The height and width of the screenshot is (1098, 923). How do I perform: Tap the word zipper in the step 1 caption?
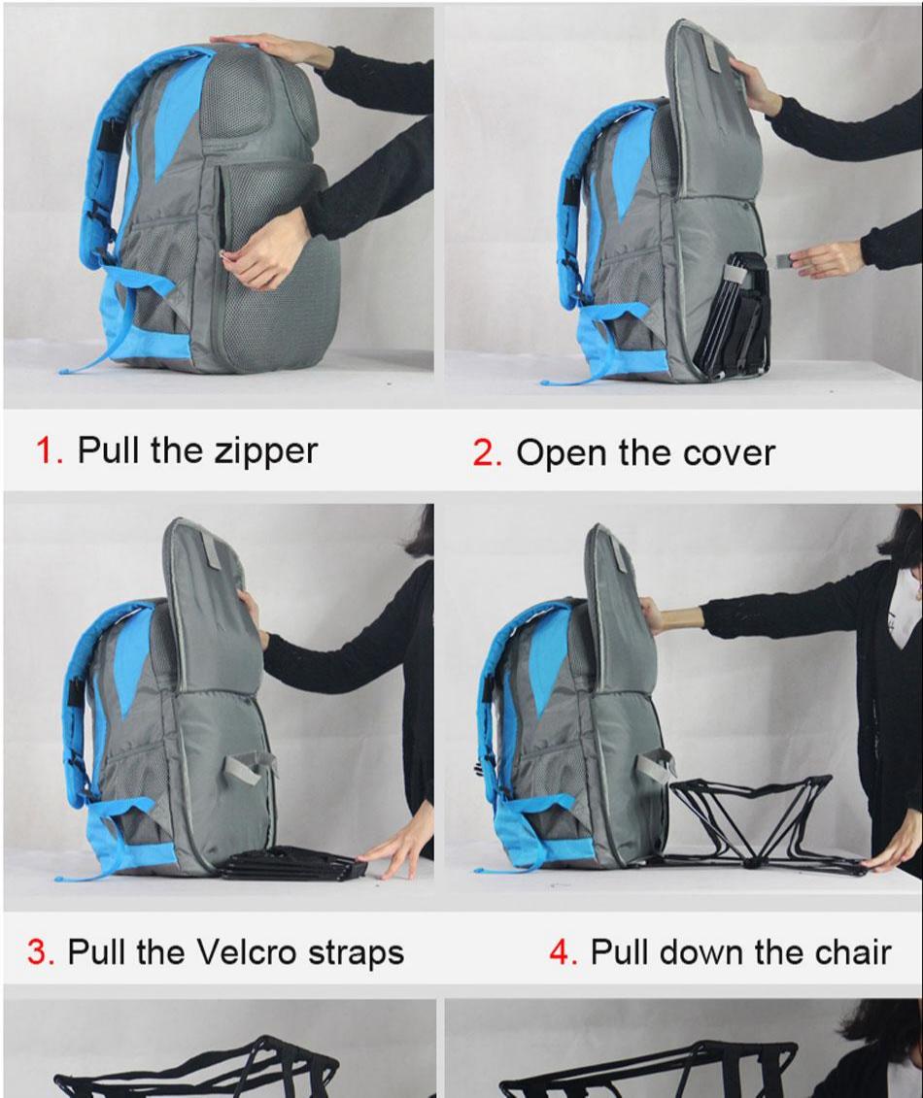click(265, 452)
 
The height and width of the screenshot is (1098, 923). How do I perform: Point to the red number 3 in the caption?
click(41, 951)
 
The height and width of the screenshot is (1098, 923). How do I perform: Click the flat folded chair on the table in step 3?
click(294, 863)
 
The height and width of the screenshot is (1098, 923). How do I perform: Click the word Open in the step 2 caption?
click(560, 454)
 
